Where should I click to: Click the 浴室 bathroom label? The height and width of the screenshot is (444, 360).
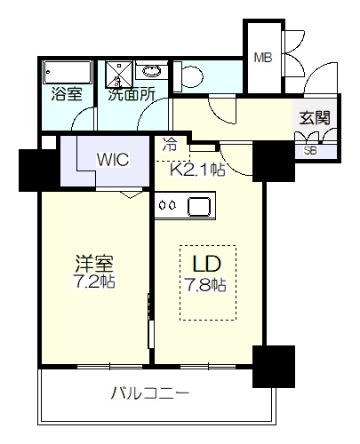point(67,94)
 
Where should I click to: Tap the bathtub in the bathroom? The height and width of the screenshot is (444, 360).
point(67,73)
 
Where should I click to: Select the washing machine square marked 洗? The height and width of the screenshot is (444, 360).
point(119,74)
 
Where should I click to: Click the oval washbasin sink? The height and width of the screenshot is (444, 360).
point(152,70)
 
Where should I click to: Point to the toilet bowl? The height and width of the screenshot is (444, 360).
point(188,76)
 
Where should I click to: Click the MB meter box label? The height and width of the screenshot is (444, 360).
point(263,58)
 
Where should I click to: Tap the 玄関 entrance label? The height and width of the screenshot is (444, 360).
point(315,118)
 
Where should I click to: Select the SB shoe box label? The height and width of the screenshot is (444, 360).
point(310,151)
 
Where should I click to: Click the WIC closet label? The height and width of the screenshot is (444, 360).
point(113,160)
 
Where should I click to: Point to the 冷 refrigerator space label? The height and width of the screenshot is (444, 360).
point(170,146)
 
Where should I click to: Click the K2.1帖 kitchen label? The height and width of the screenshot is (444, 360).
point(197,170)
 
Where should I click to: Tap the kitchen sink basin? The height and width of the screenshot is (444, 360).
point(200,206)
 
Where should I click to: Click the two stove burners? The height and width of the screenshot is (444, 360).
point(168,205)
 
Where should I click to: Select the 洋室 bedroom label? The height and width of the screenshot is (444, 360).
point(94,264)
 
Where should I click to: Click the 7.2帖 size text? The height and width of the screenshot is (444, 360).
point(94,281)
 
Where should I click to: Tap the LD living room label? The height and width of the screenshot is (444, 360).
point(207,264)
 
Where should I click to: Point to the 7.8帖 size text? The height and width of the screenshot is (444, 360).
point(206,285)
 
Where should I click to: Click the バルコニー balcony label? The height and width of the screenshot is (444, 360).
point(150,393)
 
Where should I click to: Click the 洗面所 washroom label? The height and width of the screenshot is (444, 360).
point(132,94)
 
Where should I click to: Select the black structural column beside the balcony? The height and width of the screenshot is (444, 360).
point(274,367)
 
